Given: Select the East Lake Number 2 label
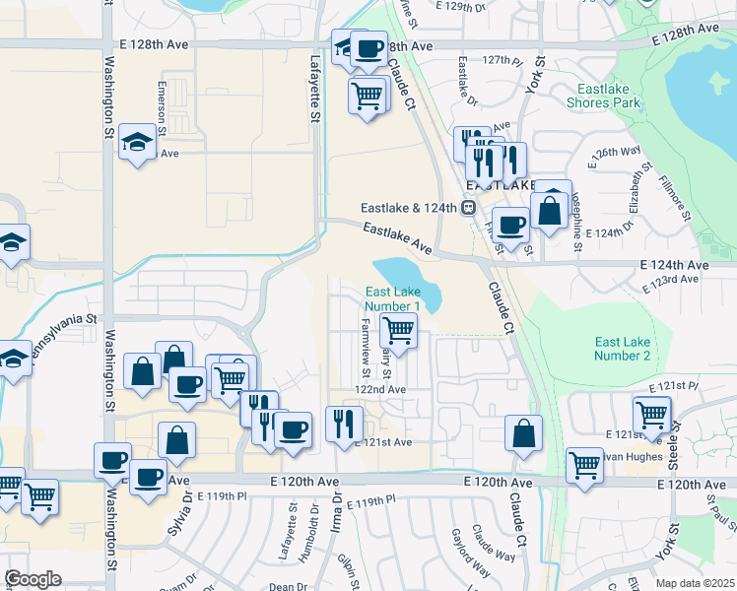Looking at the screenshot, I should [x=623, y=349].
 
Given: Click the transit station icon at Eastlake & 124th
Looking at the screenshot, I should [x=469, y=208].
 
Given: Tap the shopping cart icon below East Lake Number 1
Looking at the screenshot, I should [x=397, y=329].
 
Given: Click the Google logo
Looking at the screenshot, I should [x=33, y=578].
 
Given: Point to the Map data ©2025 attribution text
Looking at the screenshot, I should [x=694, y=583].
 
